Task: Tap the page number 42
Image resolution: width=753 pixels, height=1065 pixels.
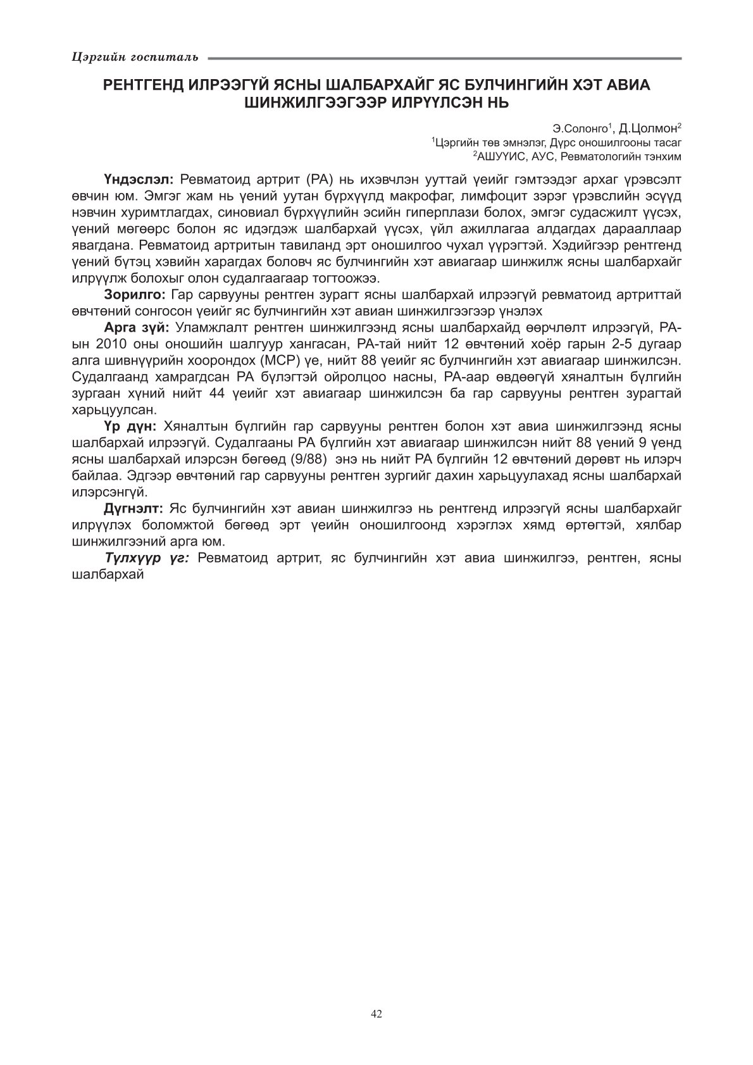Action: click(376, 1014)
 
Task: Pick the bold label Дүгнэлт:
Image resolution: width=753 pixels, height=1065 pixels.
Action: click(134, 508)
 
